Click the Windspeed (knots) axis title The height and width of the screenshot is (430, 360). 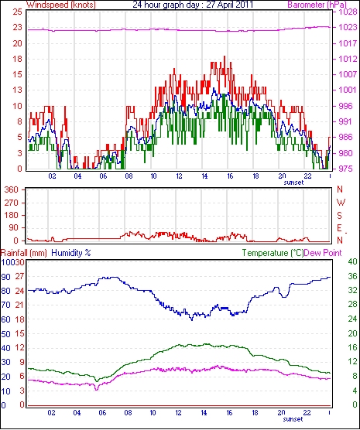(61, 5)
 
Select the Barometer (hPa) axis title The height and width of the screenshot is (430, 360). (317, 5)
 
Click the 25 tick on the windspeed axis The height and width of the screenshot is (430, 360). (17, 12)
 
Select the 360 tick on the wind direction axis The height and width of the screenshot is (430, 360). (12, 189)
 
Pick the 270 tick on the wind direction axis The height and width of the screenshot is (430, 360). (12, 203)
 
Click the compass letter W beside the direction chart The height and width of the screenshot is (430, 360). (341, 203)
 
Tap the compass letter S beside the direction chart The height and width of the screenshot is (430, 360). (340, 216)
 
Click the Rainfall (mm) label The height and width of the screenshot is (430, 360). (24, 253)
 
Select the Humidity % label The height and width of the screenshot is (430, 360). (71, 253)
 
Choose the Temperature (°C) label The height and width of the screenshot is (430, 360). (273, 253)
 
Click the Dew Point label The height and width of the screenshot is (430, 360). (323, 253)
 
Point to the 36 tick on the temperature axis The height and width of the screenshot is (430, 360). (352, 276)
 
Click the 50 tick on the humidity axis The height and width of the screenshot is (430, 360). (5, 334)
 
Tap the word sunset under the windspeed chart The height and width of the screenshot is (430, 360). (293, 183)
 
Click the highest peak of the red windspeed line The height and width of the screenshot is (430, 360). (225, 56)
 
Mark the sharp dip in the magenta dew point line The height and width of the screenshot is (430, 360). (96, 390)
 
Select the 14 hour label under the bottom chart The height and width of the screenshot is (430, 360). (204, 412)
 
